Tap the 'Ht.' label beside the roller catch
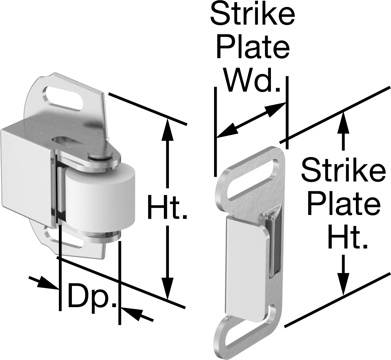(x=167, y=207)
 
